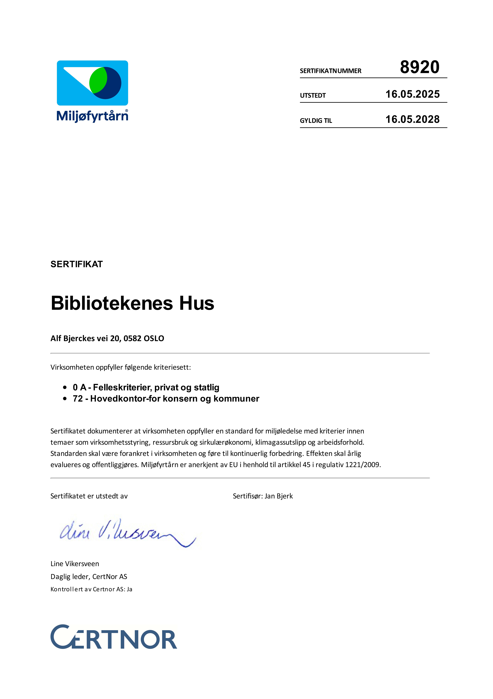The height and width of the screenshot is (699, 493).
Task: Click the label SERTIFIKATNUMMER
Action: (x=330, y=71)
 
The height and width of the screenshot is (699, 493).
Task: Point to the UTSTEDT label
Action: (x=313, y=96)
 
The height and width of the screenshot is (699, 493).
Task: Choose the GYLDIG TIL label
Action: (x=316, y=121)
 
